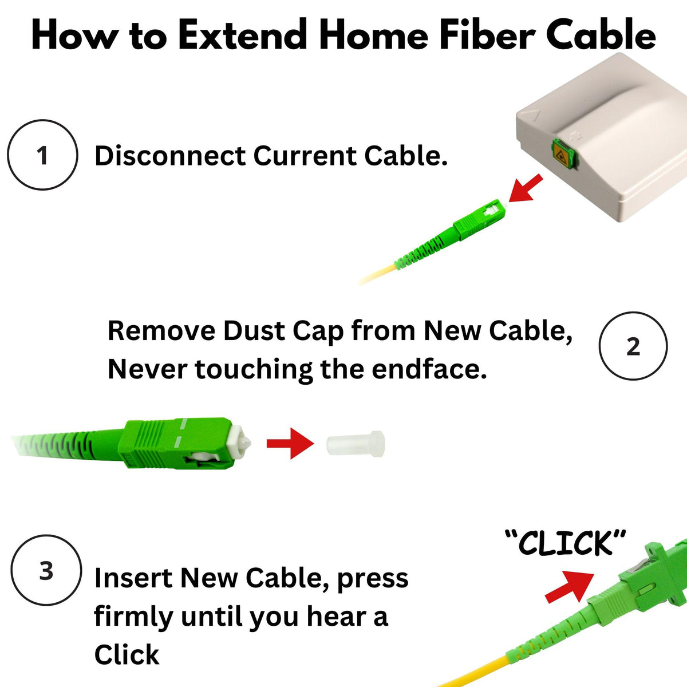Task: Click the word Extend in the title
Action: click(x=242, y=34)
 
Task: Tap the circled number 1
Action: click(x=42, y=155)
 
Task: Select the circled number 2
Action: click(x=633, y=346)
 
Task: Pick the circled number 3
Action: click(x=46, y=570)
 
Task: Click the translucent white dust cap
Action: click(x=356, y=444)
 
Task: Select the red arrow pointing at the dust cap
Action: click(x=290, y=443)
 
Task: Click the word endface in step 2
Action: click(x=429, y=369)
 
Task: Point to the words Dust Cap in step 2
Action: click(x=283, y=331)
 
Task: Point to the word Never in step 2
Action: click(x=147, y=369)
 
